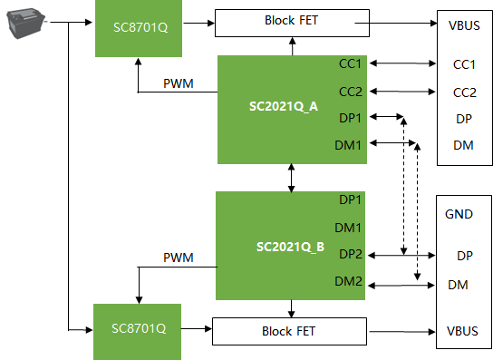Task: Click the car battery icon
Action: pos(26,23)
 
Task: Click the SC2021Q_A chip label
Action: pos(284,106)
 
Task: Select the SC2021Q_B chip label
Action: pos(290,247)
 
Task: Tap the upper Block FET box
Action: pos(292,23)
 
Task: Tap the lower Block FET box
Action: pos(290,331)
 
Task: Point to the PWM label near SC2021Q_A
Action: pos(179,83)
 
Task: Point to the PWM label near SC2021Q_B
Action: pos(179,258)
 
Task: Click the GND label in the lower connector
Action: pos(459,214)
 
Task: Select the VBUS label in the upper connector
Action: pos(464,25)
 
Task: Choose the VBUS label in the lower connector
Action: pos(462,331)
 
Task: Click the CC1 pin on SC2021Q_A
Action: pos(350,63)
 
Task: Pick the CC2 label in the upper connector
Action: pos(464,92)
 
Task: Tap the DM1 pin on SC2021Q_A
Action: pos(348,145)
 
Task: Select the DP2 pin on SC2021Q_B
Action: pos(351,254)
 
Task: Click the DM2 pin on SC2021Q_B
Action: pos(348,281)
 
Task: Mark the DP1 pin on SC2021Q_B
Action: pos(350,199)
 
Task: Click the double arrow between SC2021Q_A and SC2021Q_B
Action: pos(292,178)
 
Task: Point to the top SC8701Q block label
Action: pos(140,27)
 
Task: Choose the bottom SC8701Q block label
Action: pos(139,328)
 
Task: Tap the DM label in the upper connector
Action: pos(463,145)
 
